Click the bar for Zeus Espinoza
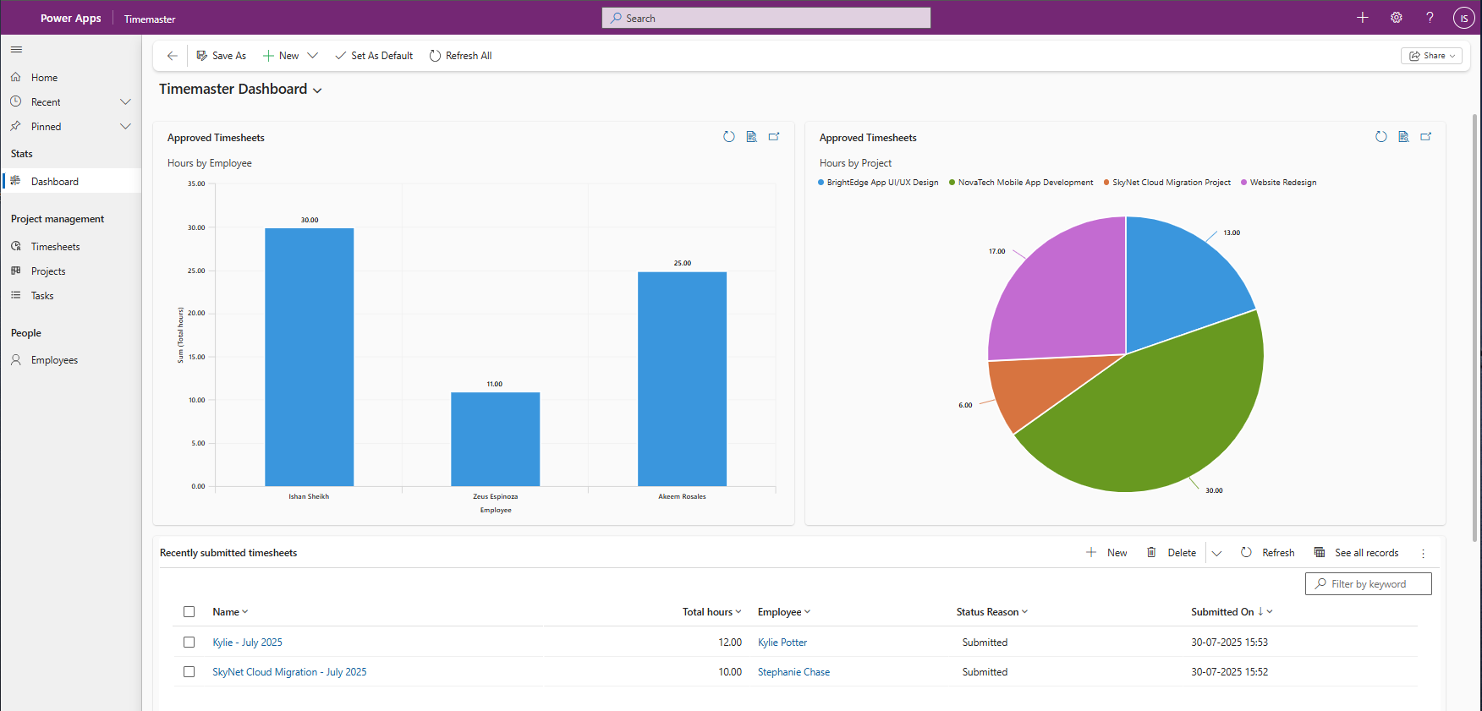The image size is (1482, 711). (495, 439)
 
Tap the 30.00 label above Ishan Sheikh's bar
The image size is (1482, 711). (310, 220)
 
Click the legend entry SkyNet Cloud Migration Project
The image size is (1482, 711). (1171, 183)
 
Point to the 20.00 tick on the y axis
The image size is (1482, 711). (196, 314)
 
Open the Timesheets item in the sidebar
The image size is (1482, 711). (55, 247)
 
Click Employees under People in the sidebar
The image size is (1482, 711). (54, 360)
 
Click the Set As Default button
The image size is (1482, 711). (374, 56)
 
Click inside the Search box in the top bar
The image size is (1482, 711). (766, 18)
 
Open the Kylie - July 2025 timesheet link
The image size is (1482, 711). (247, 643)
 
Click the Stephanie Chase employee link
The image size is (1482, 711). (793, 672)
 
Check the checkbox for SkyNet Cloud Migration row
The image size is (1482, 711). (189, 672)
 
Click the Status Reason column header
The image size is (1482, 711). (987, 612)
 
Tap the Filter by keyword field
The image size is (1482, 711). (1369, 584)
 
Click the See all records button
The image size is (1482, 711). (1357, 553)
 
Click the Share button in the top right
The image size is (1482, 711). (1431, 56)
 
